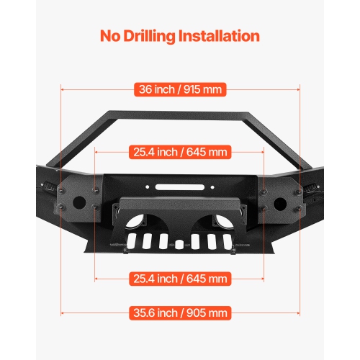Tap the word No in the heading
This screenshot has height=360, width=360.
[x=111, y=35]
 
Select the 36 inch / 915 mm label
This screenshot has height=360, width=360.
[x=180, y=90]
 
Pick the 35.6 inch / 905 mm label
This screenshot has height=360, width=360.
[x=180, y=312]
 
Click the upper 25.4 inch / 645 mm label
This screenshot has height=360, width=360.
[x=180, y=152]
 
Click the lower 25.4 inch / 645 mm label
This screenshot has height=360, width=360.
[x=180, y=278]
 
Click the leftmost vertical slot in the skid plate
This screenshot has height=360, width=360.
[x=132, y=240]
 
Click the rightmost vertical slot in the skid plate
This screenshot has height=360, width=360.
[x=228, y=240]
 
